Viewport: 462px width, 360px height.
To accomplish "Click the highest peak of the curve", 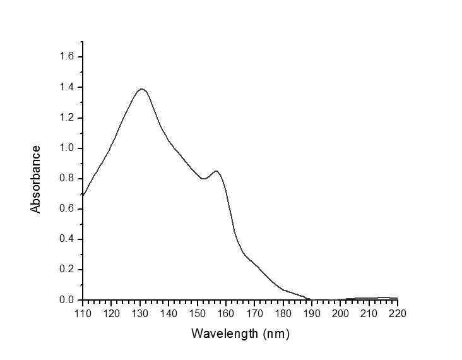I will click(x=142, y=89).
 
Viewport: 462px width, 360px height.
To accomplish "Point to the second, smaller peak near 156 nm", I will click(x=216, y=171).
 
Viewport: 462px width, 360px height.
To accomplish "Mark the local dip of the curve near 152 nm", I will click(x=203, y=179).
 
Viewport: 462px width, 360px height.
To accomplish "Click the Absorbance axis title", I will click(x=36, y=179).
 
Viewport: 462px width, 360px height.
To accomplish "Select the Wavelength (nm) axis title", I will click(x=240, y=333).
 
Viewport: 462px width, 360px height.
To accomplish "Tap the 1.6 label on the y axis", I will click(x=68, y=57).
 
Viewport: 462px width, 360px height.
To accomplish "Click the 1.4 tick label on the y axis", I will click(x=68, y=87).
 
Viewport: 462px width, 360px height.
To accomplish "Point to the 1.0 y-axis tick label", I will click(x=68, y=148).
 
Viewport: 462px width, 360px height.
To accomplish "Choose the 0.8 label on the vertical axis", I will click(x=68, y=178).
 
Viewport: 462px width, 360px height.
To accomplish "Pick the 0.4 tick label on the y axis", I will click(x=68, y=239).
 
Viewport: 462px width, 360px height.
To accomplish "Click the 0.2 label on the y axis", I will click(x=68, y=269).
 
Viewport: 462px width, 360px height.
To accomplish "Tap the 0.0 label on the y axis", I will click(x=68, y=299).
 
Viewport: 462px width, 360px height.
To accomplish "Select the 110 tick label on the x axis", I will click(x=83, y=313).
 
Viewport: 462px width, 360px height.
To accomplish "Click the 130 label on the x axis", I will click(x=140, y=313).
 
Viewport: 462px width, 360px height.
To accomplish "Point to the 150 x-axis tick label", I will click(x=198, y=313).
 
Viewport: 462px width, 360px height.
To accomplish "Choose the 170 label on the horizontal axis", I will click(x=254, y=313).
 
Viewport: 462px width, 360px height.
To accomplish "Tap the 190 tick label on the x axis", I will click(x=312, y=313).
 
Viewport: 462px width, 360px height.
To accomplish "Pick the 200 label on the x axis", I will click(x=340, y=313).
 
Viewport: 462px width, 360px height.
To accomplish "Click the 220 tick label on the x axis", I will click(x=398, y=313).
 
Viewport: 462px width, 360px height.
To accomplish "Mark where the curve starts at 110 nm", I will click(x=83, y=195).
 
